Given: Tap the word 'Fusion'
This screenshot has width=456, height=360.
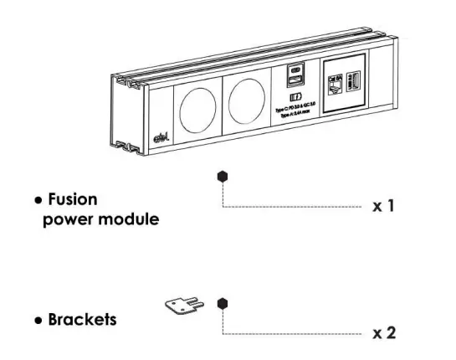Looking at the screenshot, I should (x=73, y=200).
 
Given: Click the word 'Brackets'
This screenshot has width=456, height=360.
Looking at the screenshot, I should (x=82, y=320).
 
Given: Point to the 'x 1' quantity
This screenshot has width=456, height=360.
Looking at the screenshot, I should (x=382, y=206).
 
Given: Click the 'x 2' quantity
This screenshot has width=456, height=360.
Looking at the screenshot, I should (x=382, y=333).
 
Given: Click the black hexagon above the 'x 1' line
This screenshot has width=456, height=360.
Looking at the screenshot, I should (x=222, y=177).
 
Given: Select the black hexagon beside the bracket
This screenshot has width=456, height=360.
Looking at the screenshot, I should (x=222, y=303).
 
